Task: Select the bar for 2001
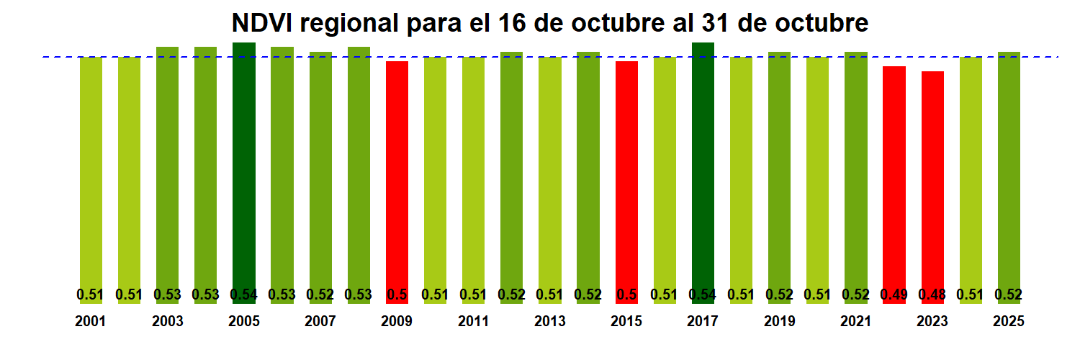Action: [91, 173]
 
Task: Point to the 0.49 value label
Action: [894, 294]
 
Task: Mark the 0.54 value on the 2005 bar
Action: [244, 294]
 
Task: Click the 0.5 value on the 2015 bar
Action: [626, 294]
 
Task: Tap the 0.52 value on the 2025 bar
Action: [1009, 294]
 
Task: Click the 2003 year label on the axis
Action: [167, 322]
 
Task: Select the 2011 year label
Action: [473, 322]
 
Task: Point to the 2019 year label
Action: [779, 322]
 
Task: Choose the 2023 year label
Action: [932, 322]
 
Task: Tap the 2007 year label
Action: [320, 322]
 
